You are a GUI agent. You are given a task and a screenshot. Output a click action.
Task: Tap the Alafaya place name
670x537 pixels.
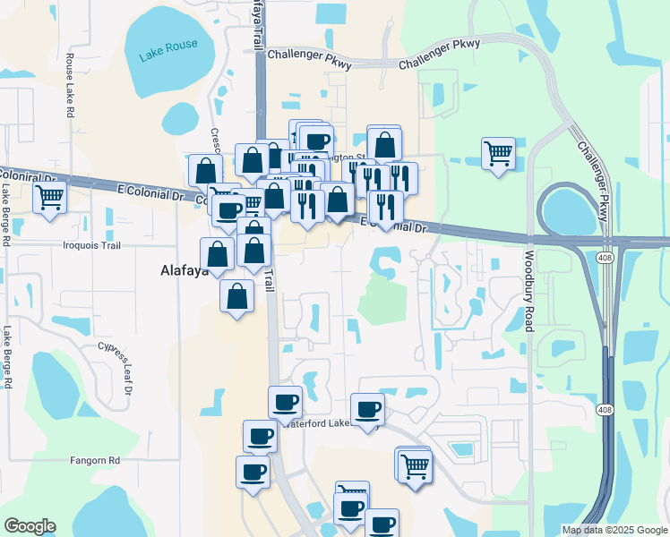pyautogui.click(x=187, y=269)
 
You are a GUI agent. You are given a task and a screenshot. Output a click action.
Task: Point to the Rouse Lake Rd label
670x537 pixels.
pyautogui.click(x=70, y=86)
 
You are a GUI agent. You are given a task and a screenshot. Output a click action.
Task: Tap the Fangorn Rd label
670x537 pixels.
pyautogui.click(x=95, y=460)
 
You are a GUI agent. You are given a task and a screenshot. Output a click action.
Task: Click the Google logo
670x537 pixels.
pyautogui.click(x=30, y=526)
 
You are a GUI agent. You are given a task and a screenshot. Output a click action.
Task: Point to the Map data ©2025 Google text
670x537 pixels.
pyautogui.click(x=614, y=530)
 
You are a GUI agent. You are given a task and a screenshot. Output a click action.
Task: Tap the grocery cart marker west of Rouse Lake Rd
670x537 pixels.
pyautogui.click(x=50, y=198)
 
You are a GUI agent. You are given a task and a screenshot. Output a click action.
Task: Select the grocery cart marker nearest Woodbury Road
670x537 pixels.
pyautogui.click(x=498, y=153)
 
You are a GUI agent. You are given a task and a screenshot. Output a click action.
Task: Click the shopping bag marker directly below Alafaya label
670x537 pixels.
pyautogui.click(x=236, y=298)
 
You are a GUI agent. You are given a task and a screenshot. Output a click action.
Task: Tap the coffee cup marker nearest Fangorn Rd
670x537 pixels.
pyautogui.click(x=253, y=472)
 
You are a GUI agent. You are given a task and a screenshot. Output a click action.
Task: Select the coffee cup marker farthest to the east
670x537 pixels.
pyautogui.click(x=382, y=524)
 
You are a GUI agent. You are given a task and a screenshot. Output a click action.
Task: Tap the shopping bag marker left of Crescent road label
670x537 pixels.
pyautogui.click(x=205, y=170)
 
